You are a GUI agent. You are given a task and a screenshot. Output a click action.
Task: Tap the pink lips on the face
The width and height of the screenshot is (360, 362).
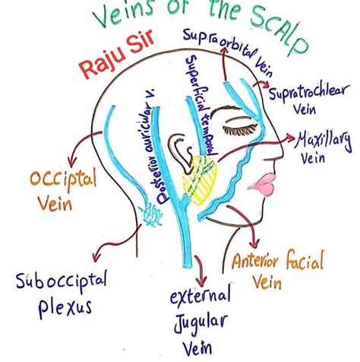(266, 186)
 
